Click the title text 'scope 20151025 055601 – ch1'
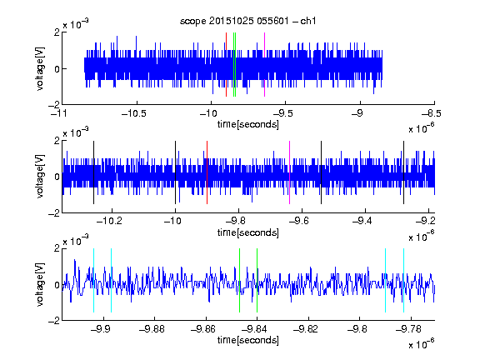point(247,21)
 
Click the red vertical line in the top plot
point(226,65)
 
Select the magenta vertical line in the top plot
point(264,65)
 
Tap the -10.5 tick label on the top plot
point(134,113)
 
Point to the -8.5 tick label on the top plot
point(432,113)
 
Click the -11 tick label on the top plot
point(59,113)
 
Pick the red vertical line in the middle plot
point(207,172)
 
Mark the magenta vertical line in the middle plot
point(290,172)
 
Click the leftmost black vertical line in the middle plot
point(93,172)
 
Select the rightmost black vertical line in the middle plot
point(403,172)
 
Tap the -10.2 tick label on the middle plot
point(109,221)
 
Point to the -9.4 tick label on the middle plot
point(362,221)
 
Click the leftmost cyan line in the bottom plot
point(93,280)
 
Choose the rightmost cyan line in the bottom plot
point(403,280)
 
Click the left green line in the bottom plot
point(239,280)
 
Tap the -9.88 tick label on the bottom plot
point(152,329)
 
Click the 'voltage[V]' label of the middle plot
point(40,177)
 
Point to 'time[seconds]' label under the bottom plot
point(248,340)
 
